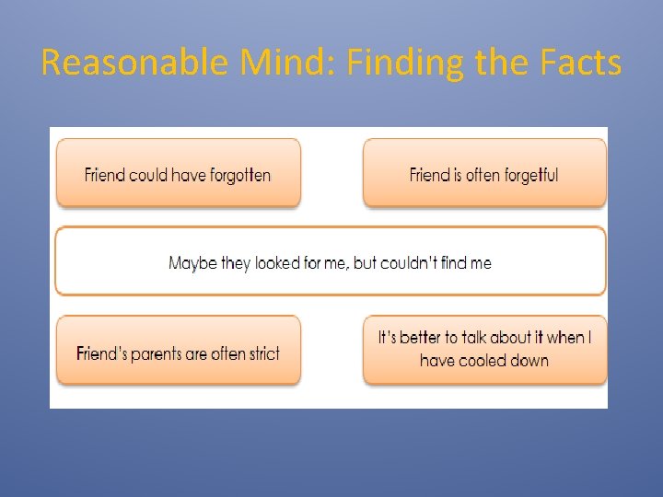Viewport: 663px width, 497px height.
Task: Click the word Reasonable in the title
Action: (x=135, y=63)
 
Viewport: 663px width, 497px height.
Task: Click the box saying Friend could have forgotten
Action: (x=179, y=172)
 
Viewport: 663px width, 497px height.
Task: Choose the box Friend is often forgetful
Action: (x=484, y=172)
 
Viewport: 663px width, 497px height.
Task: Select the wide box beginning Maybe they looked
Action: (x=331, y=261)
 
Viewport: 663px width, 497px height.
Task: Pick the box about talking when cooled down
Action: (x=484, y=350)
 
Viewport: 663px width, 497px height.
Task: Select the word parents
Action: (x=155, y=354)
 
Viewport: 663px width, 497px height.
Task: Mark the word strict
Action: (x=262, y=353)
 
